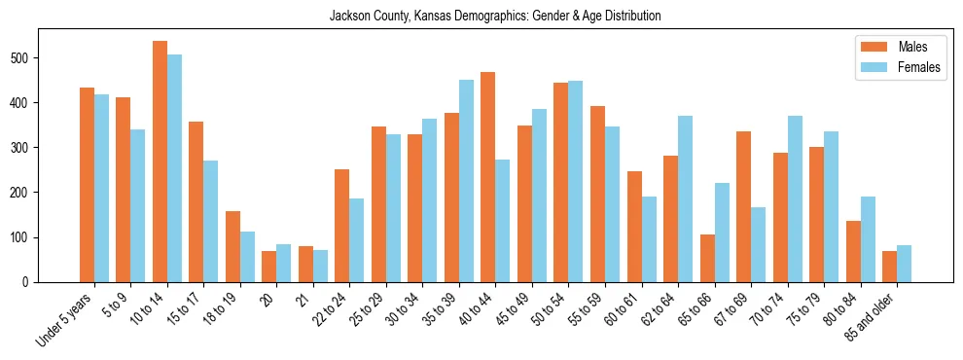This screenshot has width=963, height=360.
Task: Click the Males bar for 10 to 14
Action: click(x=160, y=162)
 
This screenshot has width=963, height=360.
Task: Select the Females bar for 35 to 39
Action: click(x=466, y=181)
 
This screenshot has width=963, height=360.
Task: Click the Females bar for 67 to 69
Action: click(x=759, y=244)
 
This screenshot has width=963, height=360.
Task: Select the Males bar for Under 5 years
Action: click(x=87, y=185)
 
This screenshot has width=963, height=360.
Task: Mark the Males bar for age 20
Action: click(x=269, y=267)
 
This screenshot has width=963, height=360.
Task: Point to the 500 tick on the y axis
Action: click(x=39, y=58)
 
